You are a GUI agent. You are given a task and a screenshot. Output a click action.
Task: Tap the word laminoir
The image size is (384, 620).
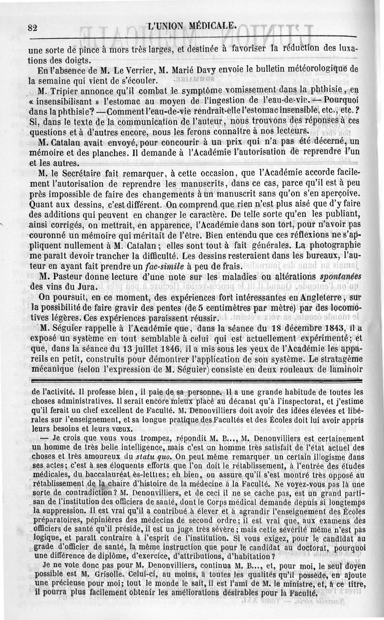click(341, 370)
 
